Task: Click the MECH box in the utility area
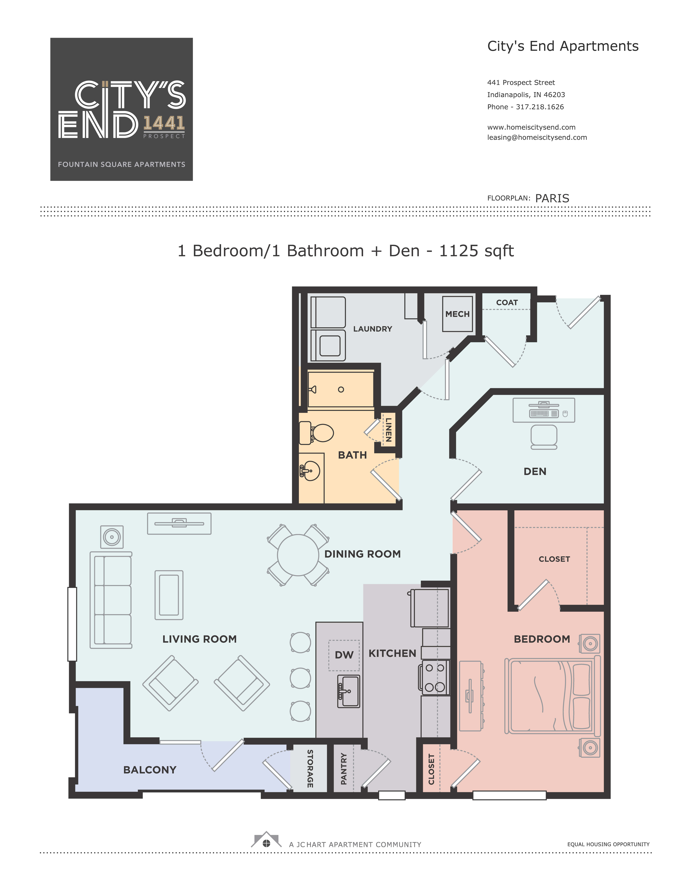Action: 458,314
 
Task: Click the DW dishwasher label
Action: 344,655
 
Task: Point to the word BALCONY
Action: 150,770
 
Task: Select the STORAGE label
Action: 310,769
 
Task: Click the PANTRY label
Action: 344,769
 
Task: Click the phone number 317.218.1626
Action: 540,107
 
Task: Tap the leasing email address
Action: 537,137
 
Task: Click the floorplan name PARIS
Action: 552,198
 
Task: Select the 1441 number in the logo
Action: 164,123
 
